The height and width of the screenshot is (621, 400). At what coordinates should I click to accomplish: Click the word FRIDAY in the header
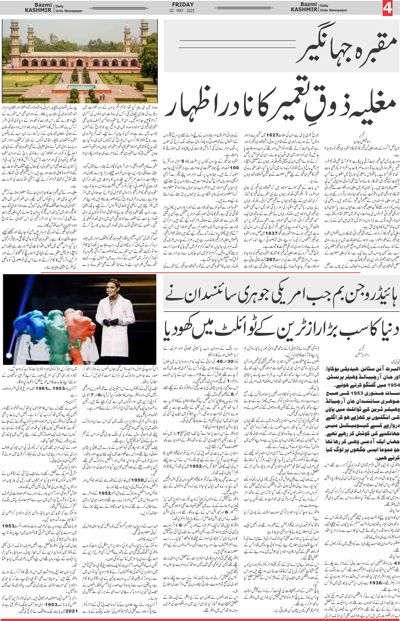(x=183, y=5)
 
